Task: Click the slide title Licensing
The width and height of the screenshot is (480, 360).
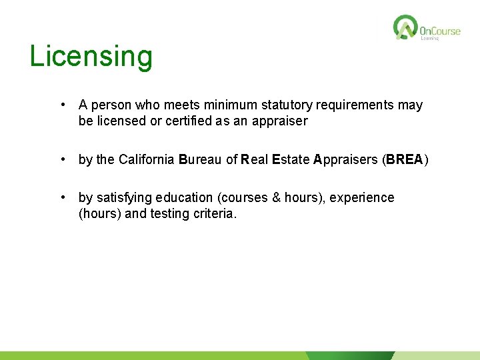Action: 91,57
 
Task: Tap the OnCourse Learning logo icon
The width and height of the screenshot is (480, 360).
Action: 405,27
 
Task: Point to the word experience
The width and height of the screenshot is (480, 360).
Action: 363,198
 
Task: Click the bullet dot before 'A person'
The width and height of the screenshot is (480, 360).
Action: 61,105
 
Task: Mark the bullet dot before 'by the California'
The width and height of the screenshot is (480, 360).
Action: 61,159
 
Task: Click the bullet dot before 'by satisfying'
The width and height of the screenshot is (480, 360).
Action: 61,198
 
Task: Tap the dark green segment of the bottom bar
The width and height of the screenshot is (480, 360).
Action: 350,356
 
